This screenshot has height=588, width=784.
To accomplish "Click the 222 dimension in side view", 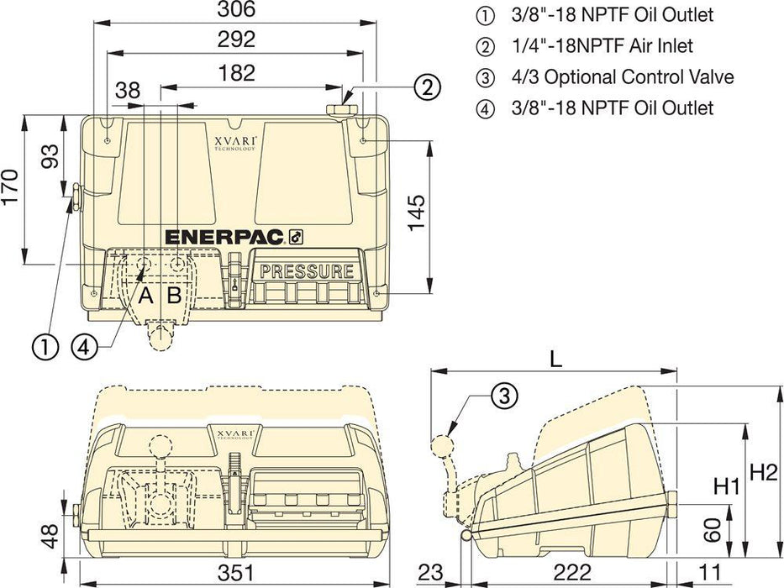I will [573, 573].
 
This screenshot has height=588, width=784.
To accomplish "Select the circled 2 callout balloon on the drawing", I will [426, 86].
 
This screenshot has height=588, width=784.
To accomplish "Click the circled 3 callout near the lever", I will [502, 396].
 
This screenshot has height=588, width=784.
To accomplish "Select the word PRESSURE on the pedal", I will [307, 271].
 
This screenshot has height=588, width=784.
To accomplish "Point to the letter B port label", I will [174, 296].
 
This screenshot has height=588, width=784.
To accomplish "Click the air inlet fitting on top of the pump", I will [340, 112].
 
